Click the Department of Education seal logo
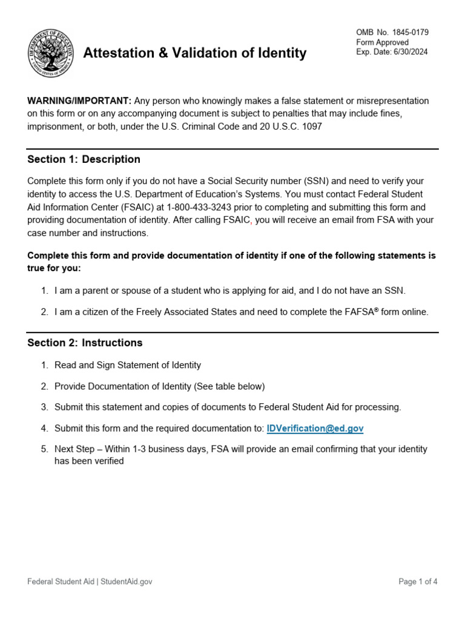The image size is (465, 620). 50,53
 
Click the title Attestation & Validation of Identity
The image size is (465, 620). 194,53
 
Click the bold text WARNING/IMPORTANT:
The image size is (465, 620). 79,101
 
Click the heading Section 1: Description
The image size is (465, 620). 84,159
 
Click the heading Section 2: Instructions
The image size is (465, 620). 85,343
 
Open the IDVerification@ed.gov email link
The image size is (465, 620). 315,428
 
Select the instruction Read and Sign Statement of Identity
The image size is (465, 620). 127,365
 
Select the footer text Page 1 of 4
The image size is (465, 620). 418,582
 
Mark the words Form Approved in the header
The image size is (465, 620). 382,42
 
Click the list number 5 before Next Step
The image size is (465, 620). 44,449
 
